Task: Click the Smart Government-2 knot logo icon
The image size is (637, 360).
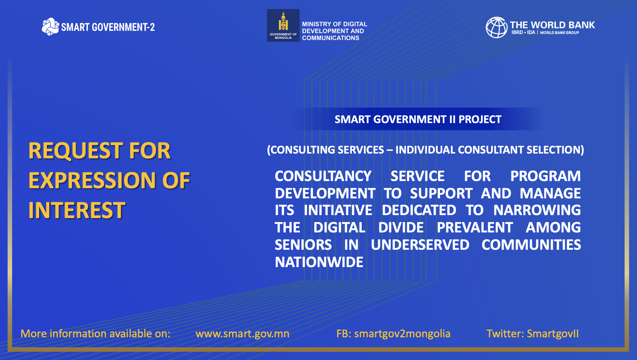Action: click(x=50, y=27)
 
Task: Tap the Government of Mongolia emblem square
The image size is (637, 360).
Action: click(x=283, y=25)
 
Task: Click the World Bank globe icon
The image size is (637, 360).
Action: click(x=497, y=27)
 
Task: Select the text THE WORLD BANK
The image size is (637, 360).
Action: click(x=552, y=25)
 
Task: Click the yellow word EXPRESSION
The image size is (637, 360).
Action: click(x=92, y=180)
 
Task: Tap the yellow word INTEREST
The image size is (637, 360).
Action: click(x=77, y=210)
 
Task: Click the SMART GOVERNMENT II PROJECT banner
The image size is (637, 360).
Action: click(x=418, y=119)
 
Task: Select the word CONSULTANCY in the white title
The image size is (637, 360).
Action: click(x=323, y=176)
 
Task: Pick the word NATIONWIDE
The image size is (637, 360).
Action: click(x=319, y=262)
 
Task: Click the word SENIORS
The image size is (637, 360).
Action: click(x=303, y=245)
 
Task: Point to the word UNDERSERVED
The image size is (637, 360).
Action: click(x=420, y=245)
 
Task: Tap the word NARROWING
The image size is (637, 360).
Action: click(x=537, y=210)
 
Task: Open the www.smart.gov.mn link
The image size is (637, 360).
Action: click(x=242, y=334)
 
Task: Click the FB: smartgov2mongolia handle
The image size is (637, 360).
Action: click(x=393, y=334)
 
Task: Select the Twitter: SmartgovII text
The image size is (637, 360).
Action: click(x=533, y=334)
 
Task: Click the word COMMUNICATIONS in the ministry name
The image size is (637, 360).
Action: click(x=331, y=38)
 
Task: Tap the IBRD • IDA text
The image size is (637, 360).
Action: click(x=523, y=33)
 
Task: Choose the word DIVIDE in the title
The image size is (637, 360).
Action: click(x=401, y=227)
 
